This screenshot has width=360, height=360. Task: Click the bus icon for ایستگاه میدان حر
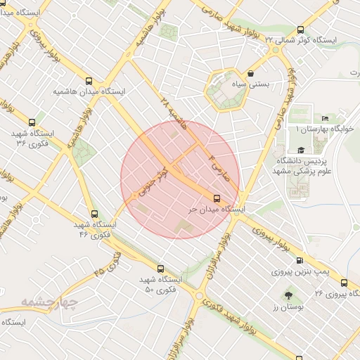(217, 198)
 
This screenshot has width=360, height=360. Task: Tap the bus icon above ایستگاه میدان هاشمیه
(89, 81)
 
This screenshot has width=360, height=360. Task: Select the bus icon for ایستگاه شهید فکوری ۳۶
(32, 122)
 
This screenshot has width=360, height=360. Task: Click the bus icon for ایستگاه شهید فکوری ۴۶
(94, 214)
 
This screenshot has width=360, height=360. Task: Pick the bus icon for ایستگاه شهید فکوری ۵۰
(160, 269)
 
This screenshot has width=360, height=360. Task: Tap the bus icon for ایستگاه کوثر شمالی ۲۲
(301, 30)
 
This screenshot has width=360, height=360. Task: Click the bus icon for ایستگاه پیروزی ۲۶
(344, 283)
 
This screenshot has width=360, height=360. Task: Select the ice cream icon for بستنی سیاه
(251, 73)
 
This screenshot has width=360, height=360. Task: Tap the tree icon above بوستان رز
(287, 295)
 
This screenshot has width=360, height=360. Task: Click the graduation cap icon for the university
(301, 150)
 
